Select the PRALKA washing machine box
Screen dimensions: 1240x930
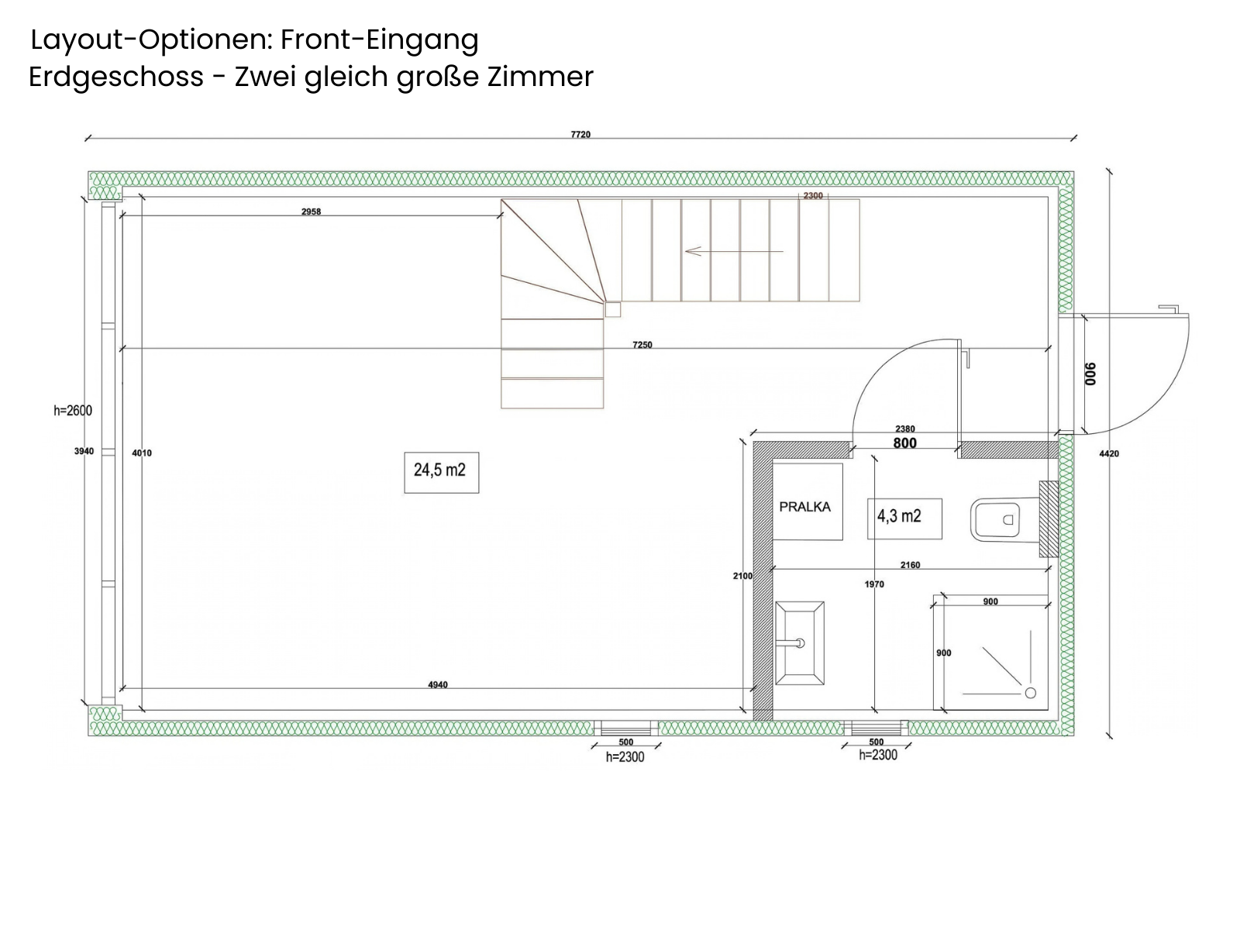click(808, 501)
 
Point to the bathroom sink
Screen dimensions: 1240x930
click(799, 642)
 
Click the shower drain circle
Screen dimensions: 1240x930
click(1031, 693)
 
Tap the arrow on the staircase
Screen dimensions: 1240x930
click(734, 251)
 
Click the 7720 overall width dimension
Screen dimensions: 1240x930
click(580, 134)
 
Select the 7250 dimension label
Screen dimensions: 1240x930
click(642, 344)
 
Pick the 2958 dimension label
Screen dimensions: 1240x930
click(311, 212)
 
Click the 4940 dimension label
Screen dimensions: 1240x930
click(438, 685)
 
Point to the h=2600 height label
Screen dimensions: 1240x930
click(73, 411)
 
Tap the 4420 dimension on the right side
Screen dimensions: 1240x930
click(1109, 453)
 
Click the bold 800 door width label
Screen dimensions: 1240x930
click(905, 443)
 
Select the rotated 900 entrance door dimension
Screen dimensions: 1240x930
click(1090, 374)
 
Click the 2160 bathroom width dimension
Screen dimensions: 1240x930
click(910, 565)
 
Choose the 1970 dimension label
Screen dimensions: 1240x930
click(874, 584)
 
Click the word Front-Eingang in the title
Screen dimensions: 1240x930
click(380, 40)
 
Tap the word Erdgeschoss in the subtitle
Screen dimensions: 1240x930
click(116, 77)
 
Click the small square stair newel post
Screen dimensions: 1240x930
click(613, 309)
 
